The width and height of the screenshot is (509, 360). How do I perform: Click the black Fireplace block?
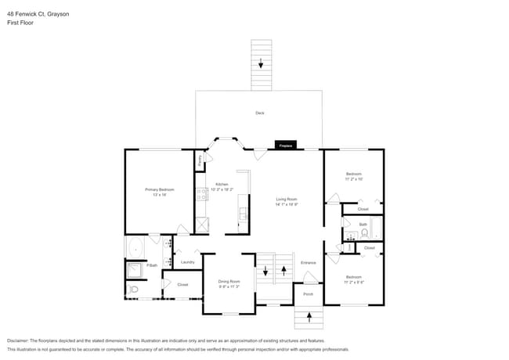[286, 146]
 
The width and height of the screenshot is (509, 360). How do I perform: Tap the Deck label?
[260, 113]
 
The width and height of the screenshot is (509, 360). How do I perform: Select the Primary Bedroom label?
[160, 189]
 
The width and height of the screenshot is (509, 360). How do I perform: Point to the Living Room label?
[286, 200]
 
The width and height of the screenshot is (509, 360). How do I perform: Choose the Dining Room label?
[229, 281]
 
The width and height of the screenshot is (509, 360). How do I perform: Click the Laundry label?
[188, 262]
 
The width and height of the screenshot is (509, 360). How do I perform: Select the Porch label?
[308, 295]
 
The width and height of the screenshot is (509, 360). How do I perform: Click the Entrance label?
[309, 262]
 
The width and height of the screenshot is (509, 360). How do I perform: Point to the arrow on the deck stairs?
[260, 64]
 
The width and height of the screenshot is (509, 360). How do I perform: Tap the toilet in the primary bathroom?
[133, 290]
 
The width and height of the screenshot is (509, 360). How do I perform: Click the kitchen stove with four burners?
[202, 193]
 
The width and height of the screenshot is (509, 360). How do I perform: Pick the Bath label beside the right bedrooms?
[363, 225]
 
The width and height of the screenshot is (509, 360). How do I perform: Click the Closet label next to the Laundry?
[182, 285]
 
